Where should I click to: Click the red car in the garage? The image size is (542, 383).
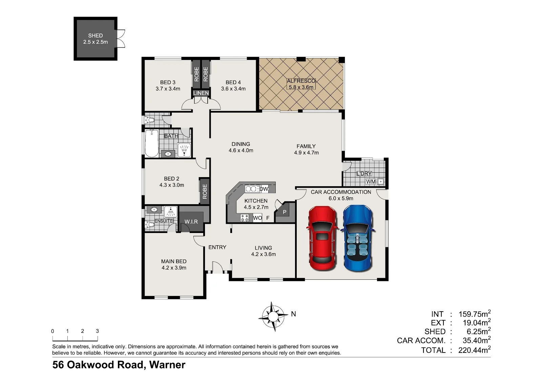coord(322,238)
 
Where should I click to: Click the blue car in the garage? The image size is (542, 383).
coord(358,238)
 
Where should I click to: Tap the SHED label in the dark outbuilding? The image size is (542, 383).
coord(95,36)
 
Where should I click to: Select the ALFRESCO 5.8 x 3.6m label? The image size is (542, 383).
coord(301,84)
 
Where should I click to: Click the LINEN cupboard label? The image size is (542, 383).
coord(201,93)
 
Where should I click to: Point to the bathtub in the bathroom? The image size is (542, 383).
coord(152,143)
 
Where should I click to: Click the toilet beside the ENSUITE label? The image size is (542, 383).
coord(149,225)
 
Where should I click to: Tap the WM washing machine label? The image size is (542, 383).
coord(371,182)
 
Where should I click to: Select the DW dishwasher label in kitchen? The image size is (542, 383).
coord(264,189)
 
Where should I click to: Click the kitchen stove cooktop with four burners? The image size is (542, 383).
coord(244,218)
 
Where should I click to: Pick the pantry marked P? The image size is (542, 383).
coord(285,212)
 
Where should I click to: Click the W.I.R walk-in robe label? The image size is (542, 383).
coord(191,221)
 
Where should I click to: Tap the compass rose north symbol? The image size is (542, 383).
coord(273,316)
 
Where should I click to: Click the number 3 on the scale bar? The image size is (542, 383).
coord(97,331)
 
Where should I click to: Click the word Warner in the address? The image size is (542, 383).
coord(167,365)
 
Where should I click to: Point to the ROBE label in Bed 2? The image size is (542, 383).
coord(205,191)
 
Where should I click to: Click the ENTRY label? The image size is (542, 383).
coord(217,247)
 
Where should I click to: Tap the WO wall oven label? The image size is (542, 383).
coord(257,218)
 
